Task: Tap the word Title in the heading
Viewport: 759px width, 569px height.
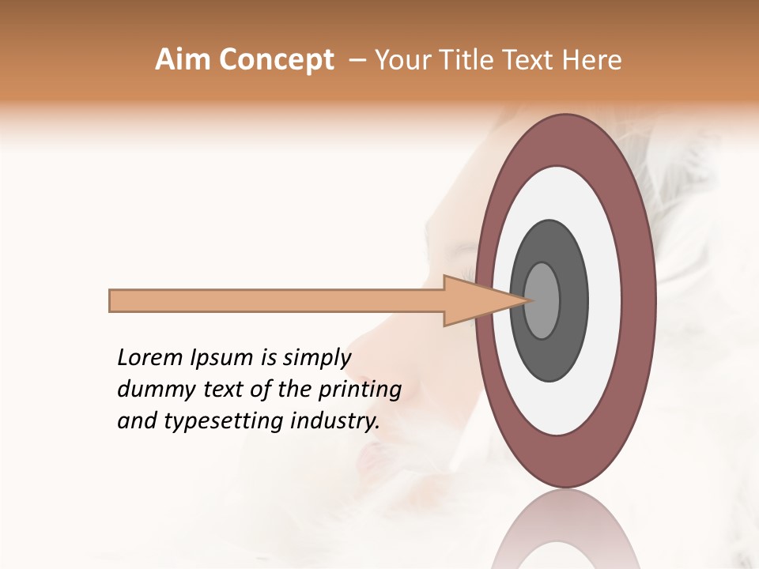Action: tap(469, 60)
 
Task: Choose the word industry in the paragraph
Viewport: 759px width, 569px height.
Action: tap(334, 421)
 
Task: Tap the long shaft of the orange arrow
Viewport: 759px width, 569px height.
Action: tap(277, 300)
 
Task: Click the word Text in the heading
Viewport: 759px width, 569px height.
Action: tap(531, 60)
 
